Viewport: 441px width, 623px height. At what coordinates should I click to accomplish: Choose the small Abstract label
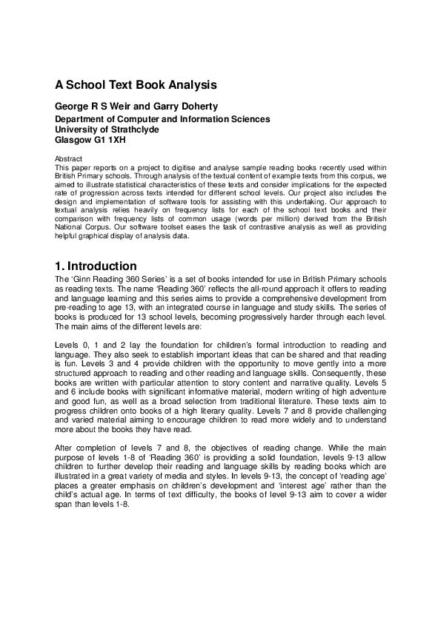[69, 159]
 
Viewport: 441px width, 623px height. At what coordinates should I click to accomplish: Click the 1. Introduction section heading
[96, 266]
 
